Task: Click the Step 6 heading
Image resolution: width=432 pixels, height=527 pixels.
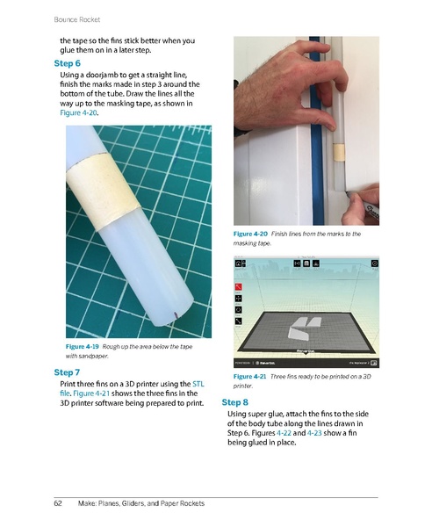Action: [68, 64]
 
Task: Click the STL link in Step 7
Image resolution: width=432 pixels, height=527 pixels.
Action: [198, 385]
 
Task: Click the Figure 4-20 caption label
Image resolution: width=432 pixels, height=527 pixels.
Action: [250, 234]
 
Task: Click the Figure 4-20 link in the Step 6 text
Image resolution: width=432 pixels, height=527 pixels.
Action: [78, 113]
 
